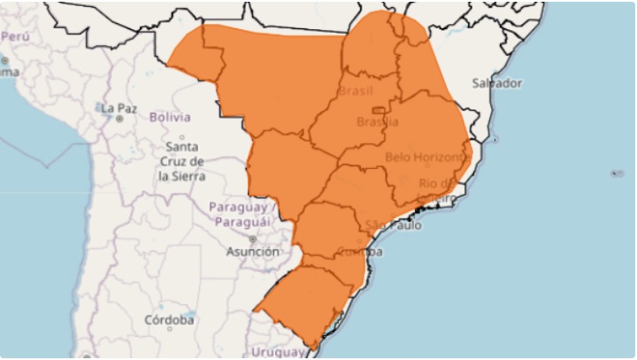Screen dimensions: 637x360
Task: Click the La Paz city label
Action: point(119,109)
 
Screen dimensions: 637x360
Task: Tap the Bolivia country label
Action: point(170,117)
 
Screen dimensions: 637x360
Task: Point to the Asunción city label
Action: point(252,251)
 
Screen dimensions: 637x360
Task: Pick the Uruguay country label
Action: point(275,352)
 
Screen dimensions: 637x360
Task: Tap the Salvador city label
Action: point(496,83)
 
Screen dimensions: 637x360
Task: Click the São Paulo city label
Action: point(393,226)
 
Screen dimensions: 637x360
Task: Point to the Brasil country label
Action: point(358,92)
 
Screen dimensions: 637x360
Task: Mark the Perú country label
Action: point(16,36)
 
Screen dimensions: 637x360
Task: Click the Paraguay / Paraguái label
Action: point(242,215)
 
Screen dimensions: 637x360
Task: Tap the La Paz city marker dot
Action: point(119,119)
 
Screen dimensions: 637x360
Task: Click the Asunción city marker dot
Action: point(252,239)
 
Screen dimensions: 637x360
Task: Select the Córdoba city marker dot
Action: point(169,329)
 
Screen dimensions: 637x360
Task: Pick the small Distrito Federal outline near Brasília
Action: point(377,111)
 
